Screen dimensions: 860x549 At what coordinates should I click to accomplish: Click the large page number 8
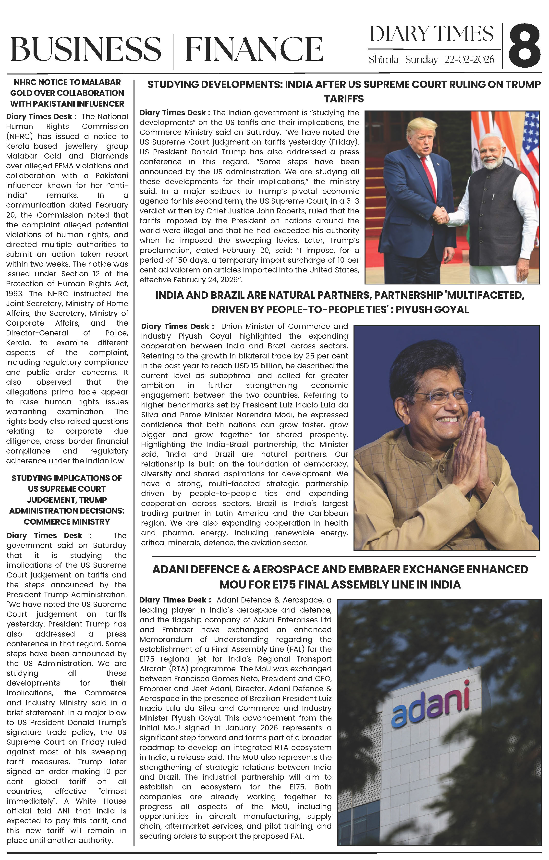pos(524,46)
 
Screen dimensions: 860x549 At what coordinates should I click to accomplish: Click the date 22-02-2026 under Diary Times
pos(469,60)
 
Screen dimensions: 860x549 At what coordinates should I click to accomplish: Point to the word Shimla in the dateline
pos(383,60)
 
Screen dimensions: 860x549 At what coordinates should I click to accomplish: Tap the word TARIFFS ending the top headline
pos(344,99)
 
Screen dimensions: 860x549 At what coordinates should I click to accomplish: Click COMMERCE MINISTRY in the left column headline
pos(67,522)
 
